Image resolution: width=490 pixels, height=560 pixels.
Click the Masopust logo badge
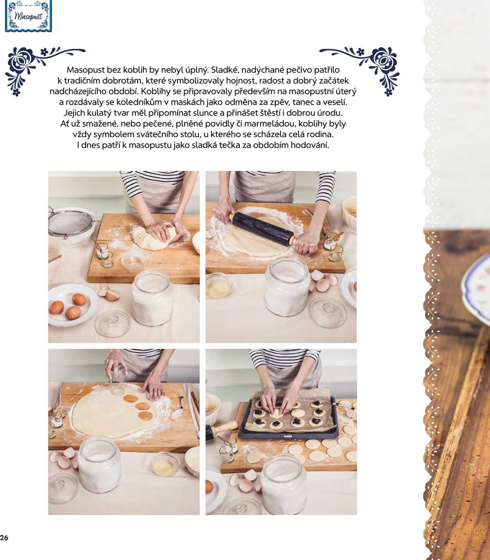tap(28, 16)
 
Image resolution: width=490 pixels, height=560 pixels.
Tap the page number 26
tap(4, 538)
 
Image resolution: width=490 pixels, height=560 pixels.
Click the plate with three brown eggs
tap(73, 305)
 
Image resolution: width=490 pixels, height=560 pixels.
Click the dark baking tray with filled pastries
tap(288, 417)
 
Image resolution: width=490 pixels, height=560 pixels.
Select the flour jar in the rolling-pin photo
tap(287, 286)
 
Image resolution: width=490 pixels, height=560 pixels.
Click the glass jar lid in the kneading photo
tap(113, 324)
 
